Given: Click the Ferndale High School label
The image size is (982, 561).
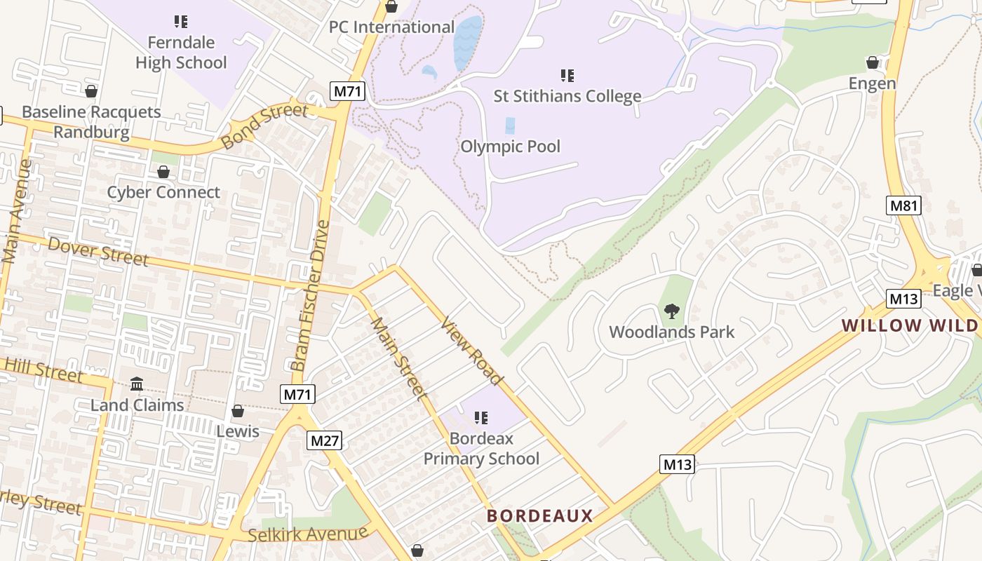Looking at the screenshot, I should pos(181,53).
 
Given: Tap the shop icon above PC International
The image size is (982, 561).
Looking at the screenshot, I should pos(391,7).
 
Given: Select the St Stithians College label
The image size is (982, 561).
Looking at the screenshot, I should pos(567,96).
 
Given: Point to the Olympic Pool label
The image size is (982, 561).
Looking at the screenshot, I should pos(511,147).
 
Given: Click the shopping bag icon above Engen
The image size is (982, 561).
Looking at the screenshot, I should pos(873,63).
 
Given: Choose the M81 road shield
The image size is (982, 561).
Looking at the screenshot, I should pos(903,205).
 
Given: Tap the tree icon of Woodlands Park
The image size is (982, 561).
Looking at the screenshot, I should pos(671,311).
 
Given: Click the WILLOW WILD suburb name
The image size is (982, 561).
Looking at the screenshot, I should pos(910,325).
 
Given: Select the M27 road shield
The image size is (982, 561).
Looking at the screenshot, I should pos(324,440).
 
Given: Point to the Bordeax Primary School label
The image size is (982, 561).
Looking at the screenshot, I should pos(481,449).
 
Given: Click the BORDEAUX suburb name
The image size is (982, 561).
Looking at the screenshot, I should pos(540,516).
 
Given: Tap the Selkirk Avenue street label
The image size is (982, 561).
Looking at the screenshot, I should pos(308,534).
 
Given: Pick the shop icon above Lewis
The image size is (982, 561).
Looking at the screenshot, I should pos(238,411).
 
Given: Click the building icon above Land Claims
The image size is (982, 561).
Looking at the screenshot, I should pos(137,384).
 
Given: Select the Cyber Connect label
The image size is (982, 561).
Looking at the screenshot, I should pos(163,192).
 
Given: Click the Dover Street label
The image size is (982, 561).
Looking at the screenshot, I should pos(98,252).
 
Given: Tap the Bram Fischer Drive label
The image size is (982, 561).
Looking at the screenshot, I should pos(310,296).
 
